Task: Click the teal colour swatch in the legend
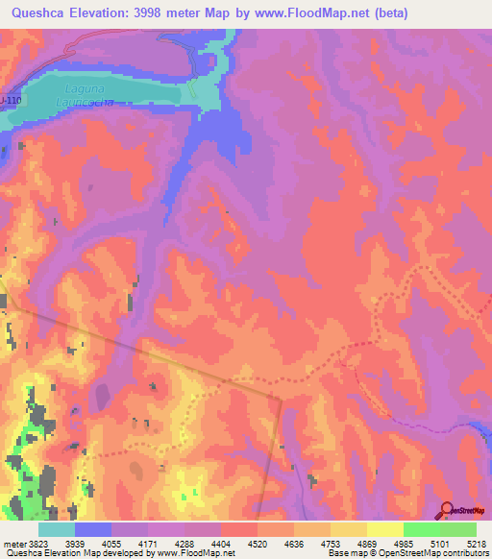coord(57,529)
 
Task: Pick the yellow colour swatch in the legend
coord(384,529)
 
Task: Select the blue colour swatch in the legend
coord(93,529)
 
